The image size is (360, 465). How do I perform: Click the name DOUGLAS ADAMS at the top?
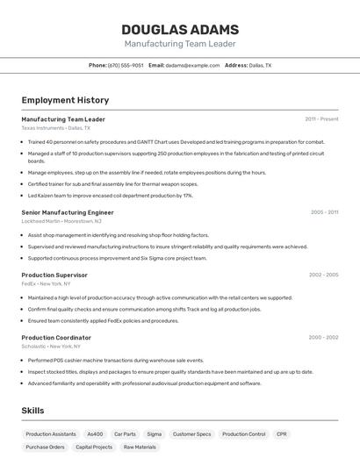point(179,30)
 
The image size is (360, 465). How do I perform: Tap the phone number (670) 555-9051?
point(126,65)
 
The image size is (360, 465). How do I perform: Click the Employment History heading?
point(65,100)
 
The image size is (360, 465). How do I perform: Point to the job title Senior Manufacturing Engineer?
point(68,212)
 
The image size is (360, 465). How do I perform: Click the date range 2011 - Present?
point(321,119)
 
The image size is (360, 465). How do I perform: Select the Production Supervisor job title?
point(54,275)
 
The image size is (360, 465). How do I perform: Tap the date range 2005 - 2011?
point(324,212)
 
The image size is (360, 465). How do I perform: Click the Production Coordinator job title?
point(56,338)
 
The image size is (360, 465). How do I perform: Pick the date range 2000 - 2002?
point(323,338)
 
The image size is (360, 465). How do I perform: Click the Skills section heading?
point(32,410)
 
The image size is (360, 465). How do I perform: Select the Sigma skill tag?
point(154,434)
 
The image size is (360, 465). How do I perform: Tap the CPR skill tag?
point(281,434)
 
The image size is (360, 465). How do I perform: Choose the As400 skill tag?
point(95,434)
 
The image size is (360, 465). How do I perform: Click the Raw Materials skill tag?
point(140,447)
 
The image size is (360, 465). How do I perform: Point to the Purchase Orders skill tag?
point(46,447)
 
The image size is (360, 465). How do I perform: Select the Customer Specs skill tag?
point(191,434)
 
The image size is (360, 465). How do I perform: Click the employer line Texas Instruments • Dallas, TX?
point(55,128)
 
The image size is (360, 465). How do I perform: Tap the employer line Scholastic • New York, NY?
point(51,347)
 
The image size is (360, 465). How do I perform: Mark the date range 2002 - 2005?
point(323,275)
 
